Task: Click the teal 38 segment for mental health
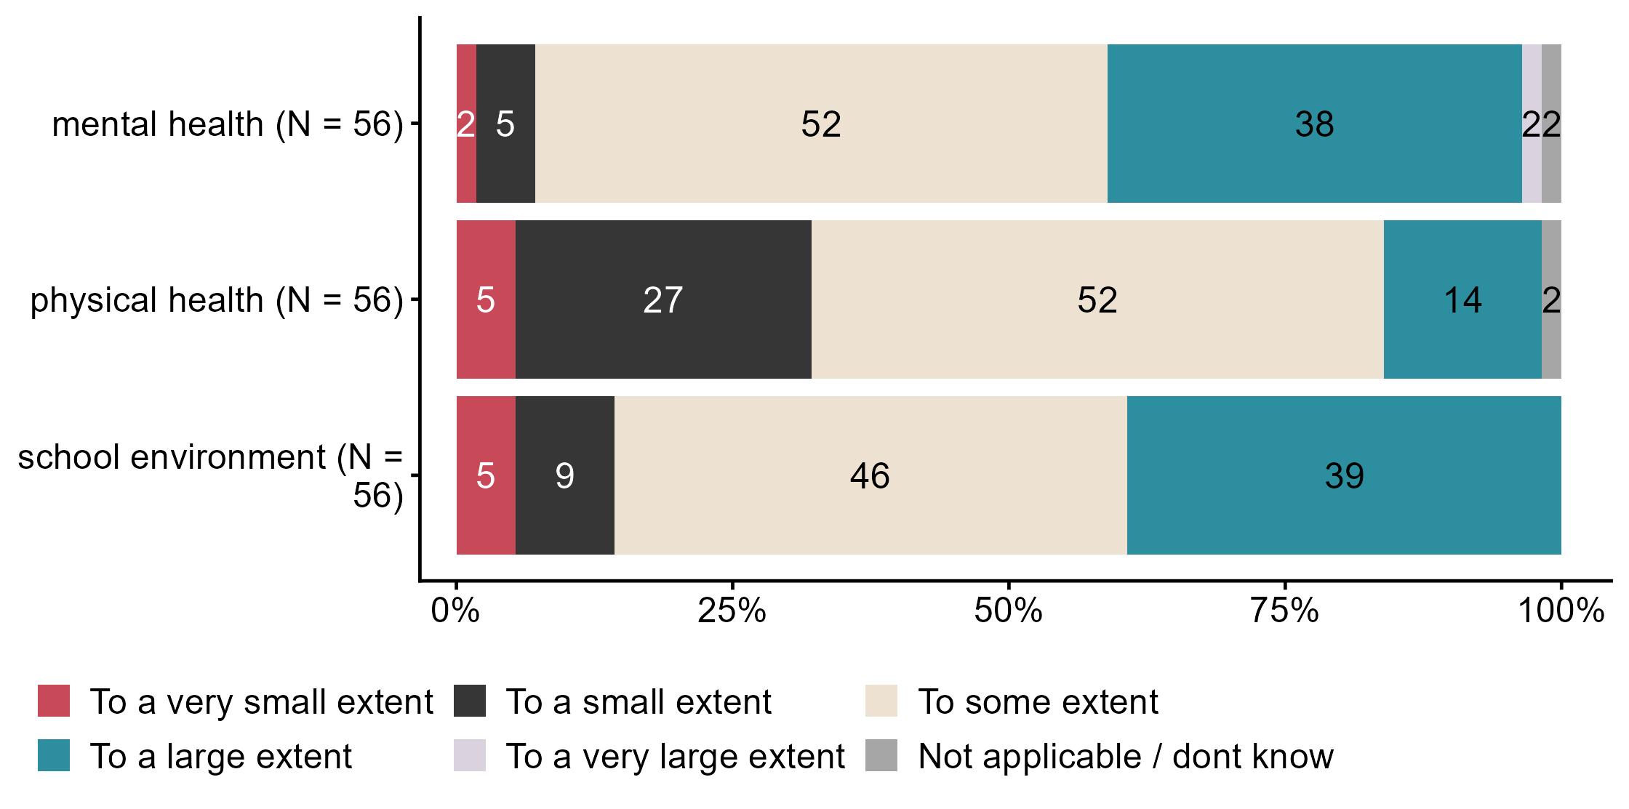pos(1314,124)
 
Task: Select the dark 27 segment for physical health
pos(663,299)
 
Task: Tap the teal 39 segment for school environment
pos(1344,475)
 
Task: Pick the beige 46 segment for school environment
pos(870,475)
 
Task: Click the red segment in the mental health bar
pos(466,124)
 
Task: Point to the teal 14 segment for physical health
pos(1462,299)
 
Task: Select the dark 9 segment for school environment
pos(565,475)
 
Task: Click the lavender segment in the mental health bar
pos(1532,124)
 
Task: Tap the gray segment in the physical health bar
pos(1551,299)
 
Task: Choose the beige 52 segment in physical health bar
pos(1097,299)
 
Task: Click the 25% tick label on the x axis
pos(732,611)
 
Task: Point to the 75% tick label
pos(1284,611)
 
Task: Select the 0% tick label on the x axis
pos(455,611)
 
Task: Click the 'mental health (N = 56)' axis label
pos(227,124)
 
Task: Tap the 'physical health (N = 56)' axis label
pos(216,300)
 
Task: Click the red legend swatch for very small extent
pos(54,701)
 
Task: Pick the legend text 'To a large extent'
pos(221,756)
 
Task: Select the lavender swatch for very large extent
pos(470,755)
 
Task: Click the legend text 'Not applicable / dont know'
pos(1126,756)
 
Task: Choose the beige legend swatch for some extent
pos(881,701)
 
